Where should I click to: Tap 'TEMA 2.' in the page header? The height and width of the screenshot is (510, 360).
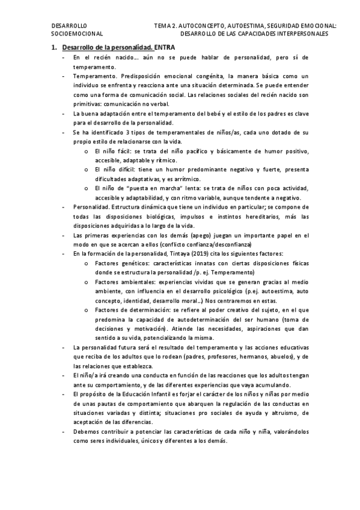click(165, 26)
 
